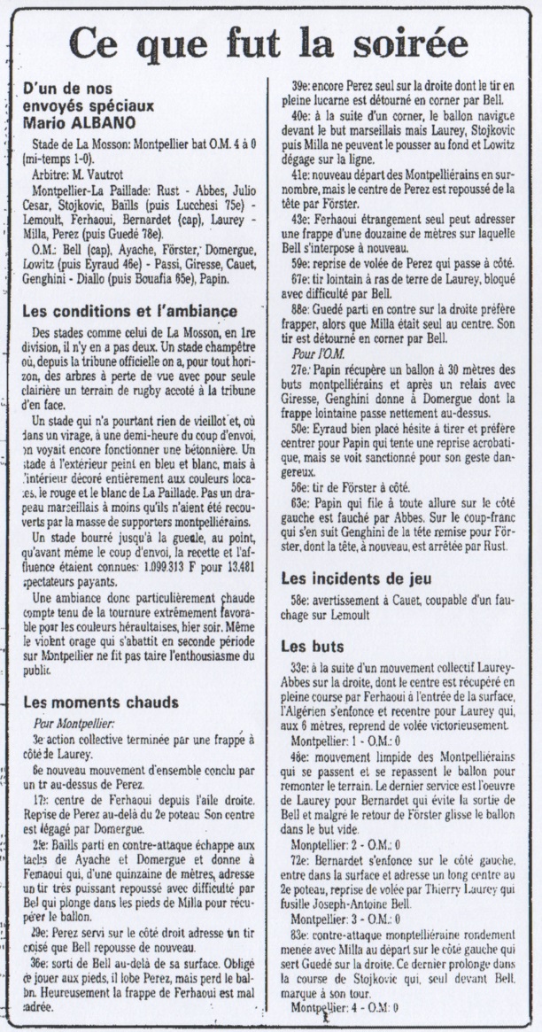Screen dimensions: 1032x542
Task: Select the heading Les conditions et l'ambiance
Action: (128, 312)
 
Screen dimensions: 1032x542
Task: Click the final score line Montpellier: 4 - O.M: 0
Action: (344, 1007)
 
